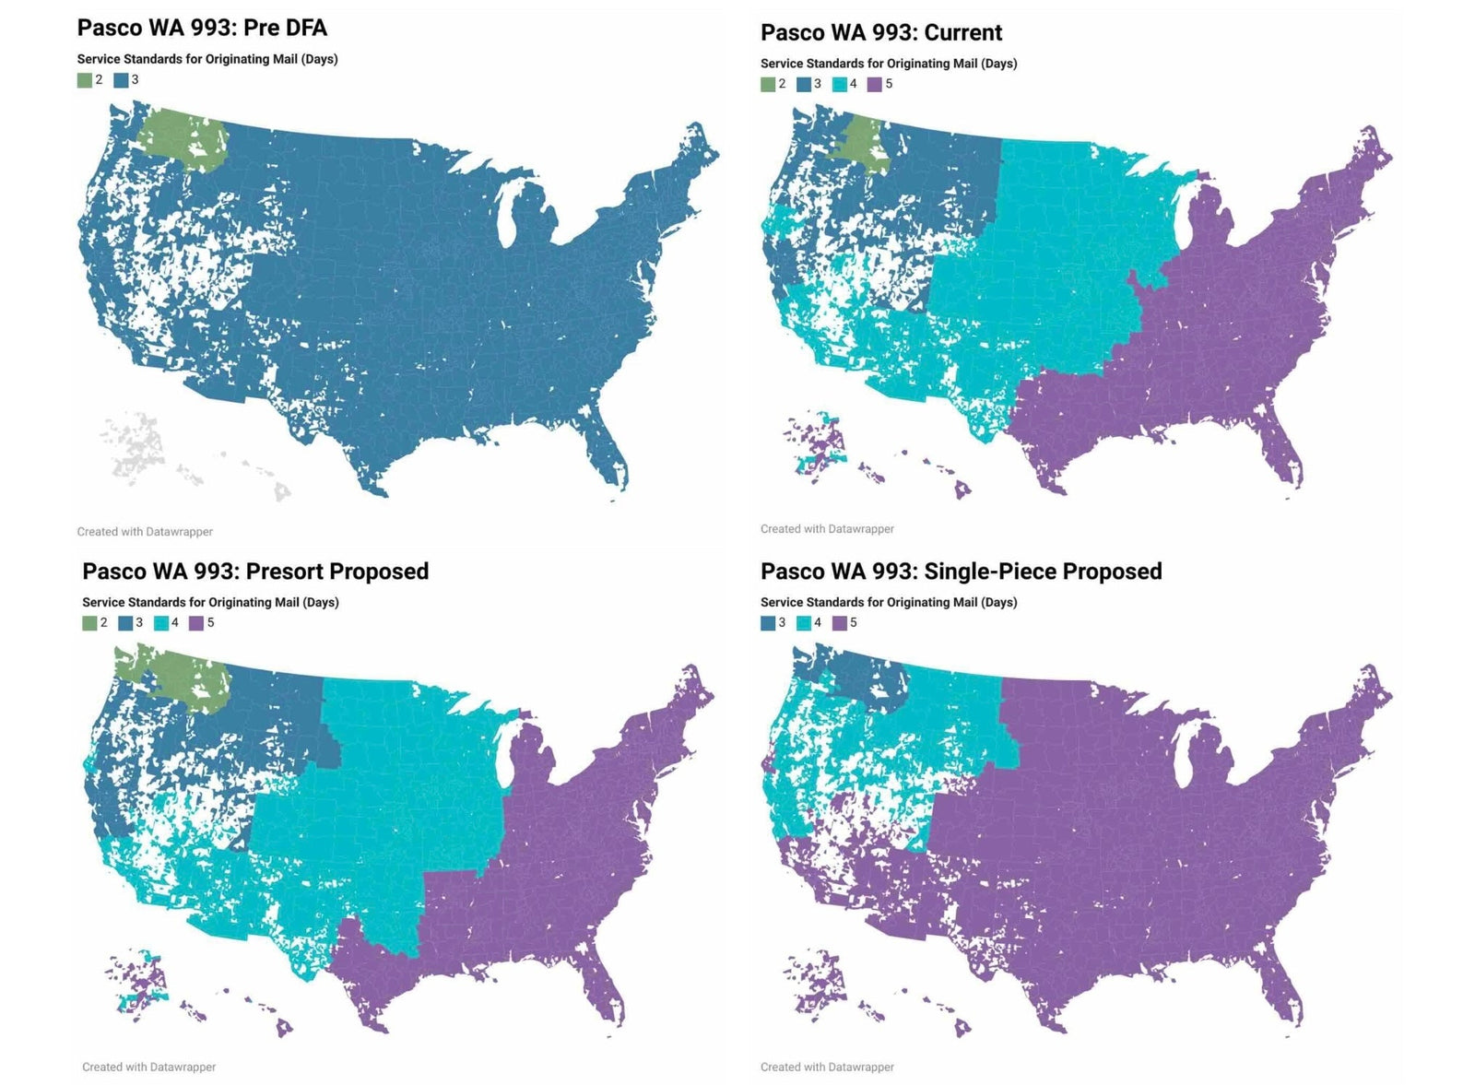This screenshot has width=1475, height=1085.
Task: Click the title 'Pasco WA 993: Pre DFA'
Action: [202, 28]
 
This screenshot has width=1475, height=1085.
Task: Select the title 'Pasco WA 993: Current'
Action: [880, 33]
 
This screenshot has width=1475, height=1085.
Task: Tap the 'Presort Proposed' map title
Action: [255, 572]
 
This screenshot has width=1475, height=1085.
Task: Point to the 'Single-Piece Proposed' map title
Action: [961, 572]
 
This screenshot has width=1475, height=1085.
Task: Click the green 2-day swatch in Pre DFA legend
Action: [85, 80]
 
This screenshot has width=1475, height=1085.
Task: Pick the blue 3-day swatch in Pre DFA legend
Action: [121, 80]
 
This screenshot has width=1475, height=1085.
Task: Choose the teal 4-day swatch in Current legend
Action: [839, 84]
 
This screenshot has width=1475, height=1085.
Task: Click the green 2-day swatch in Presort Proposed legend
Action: [89, 623]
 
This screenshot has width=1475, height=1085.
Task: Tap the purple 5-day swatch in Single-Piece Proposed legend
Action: [839, 623]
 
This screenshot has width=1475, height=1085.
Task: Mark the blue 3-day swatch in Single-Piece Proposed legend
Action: [768, 623]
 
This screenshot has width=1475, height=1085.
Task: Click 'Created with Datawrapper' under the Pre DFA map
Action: [145, 532]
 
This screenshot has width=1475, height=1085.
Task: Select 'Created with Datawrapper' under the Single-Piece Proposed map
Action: [827, 1067]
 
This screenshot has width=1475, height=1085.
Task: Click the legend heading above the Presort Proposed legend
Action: [210, 602]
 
